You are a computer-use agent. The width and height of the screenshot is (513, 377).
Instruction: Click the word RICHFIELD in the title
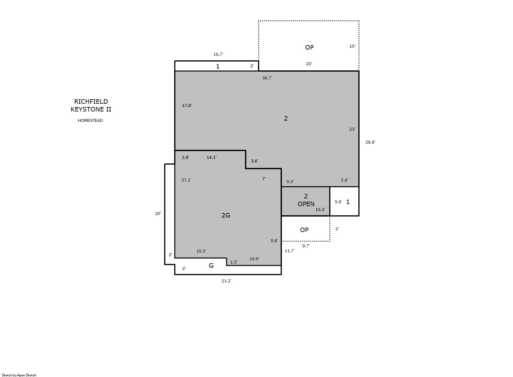click(91, 101)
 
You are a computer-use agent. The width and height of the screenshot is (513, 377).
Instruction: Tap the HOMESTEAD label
click(90, 121)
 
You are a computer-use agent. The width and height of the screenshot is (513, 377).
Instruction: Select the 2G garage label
click(226, 215)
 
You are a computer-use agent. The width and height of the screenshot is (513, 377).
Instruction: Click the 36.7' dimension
click(267, 78)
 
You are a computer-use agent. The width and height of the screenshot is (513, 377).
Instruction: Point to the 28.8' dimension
click(370, 142)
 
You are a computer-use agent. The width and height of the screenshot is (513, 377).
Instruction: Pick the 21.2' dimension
click(226, 281)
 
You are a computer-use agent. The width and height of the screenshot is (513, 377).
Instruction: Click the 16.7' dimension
click(218, 54)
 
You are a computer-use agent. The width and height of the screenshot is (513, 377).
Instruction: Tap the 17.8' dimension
click(187, 105)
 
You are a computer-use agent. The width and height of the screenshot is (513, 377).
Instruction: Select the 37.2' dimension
click(186, 180)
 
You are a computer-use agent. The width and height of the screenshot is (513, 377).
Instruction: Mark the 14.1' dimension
click(212, 157)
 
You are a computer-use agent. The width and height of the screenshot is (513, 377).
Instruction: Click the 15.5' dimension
click(320, 210)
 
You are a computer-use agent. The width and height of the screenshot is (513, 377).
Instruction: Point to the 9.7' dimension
click(306, 246)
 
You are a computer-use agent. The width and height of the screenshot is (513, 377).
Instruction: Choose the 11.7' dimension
click(289, 251)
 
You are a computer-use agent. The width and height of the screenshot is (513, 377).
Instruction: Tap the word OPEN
click(306, 204)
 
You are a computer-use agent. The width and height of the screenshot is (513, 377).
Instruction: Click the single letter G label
click(211, 265)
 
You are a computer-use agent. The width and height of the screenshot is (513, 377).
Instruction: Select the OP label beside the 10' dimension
click(309, 47)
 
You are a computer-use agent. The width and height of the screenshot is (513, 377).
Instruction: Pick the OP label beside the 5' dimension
click(304, 230)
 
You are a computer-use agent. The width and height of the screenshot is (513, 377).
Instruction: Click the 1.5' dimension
click(234, 262)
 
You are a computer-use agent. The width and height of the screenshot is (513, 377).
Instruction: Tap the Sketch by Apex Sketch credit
click(19, 375)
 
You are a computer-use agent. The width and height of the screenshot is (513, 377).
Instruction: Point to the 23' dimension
click(352, 129)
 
